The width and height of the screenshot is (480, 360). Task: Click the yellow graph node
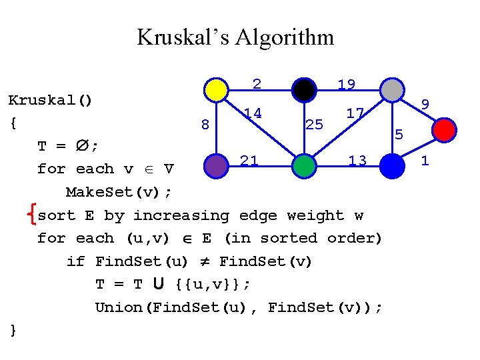coord(215,89)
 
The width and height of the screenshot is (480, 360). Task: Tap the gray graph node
coord(391,89)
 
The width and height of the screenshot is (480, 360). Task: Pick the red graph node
coord(445,129)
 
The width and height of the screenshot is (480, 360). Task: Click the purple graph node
coord(215,166)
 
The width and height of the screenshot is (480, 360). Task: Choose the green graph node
coord(304,166)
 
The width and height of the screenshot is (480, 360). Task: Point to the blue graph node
coord(393,166)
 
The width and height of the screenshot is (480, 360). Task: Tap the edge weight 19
coord(346,85)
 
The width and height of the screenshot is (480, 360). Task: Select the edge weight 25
coord(314,124)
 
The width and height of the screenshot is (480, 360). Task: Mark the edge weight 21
coord(249,160)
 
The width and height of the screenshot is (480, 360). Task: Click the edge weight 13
coord(357,160)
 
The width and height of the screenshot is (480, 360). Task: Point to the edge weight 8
coord(205,125)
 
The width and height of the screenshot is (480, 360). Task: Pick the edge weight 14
coord(252,113)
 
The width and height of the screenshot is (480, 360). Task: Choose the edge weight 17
coord(355,113)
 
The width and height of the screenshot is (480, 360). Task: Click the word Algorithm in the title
coord(291,37)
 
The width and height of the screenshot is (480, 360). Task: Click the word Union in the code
coord(117,307)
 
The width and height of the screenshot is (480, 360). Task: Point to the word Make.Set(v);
coord(119,193)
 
